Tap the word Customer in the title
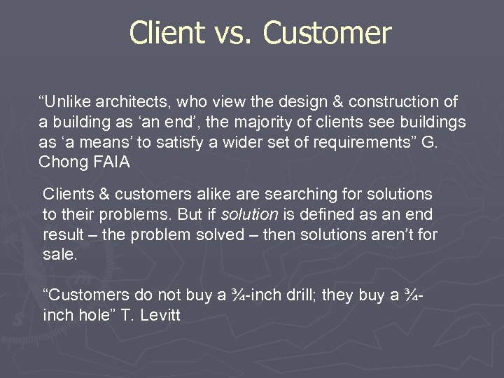(x=329, y=33)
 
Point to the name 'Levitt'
(x=160, y=316)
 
